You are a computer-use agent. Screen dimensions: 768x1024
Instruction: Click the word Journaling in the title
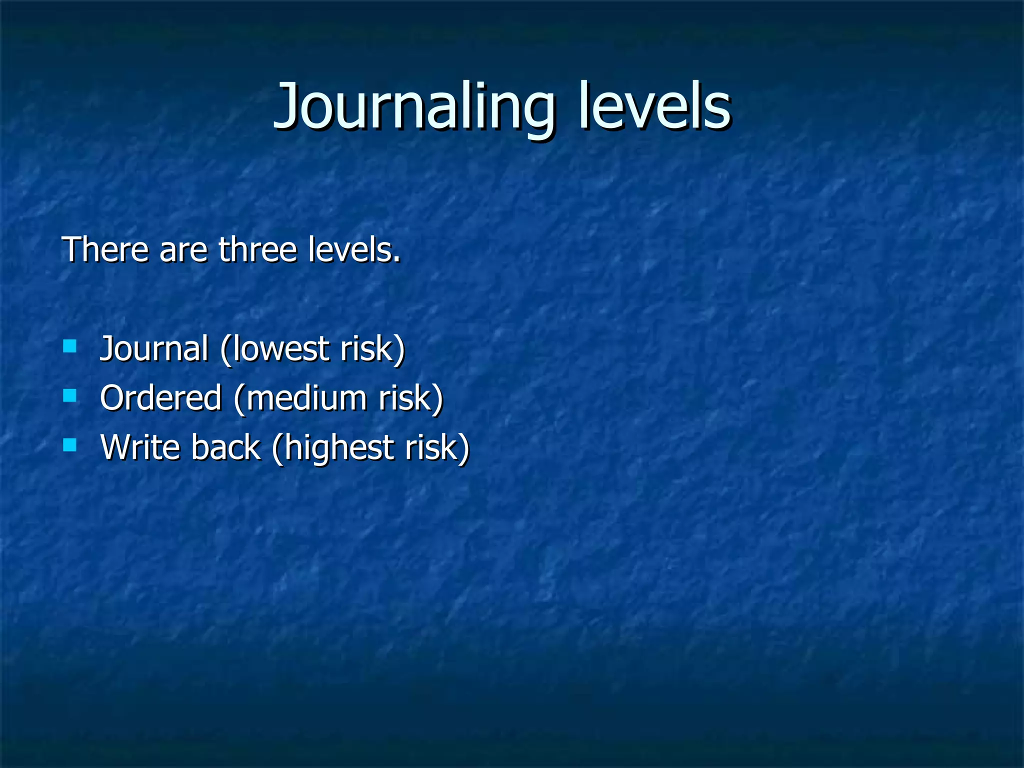[414, 107]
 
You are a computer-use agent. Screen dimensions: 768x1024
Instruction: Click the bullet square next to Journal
[70, 346]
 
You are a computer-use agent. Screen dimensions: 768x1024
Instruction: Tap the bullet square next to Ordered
[70, 396]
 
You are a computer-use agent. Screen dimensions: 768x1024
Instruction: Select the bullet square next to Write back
[70, 445]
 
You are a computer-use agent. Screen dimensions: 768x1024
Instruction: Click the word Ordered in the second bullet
[160, 398]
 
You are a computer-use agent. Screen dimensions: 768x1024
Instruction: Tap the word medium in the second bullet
[305, 398]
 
